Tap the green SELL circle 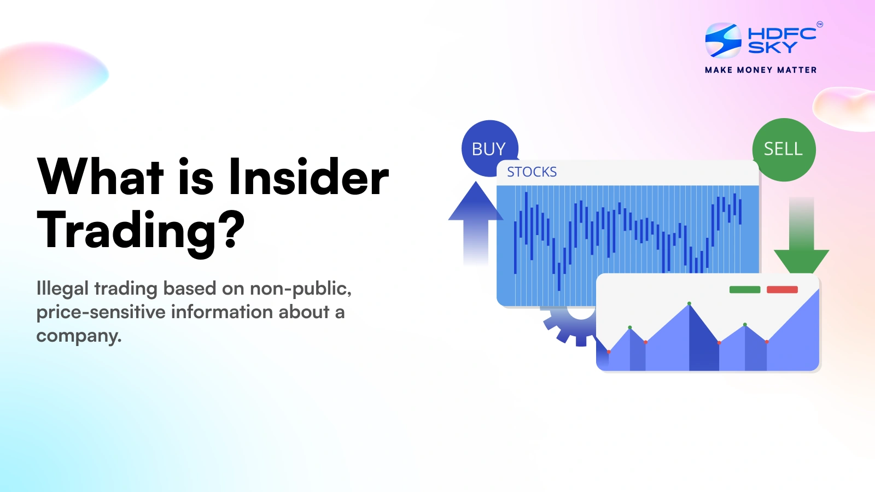(x=783, y=149)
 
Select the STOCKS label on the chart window (x=532, y=172)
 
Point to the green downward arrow (x=801, y=241)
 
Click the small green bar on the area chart (x=744, y=290)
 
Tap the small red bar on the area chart (x=782, y=290)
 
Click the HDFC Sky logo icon (x=723, y=40)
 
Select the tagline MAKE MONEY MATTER (x=761, y=70)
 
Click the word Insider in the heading (x=308, y=177)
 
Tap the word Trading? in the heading (x=141, y=231)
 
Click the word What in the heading (x=101, y=177)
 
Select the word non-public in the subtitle (x=300, y=288)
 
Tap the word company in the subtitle (x=78, y=336)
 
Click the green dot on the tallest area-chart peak (x=689, y=303)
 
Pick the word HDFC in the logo (x=781, y=33)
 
